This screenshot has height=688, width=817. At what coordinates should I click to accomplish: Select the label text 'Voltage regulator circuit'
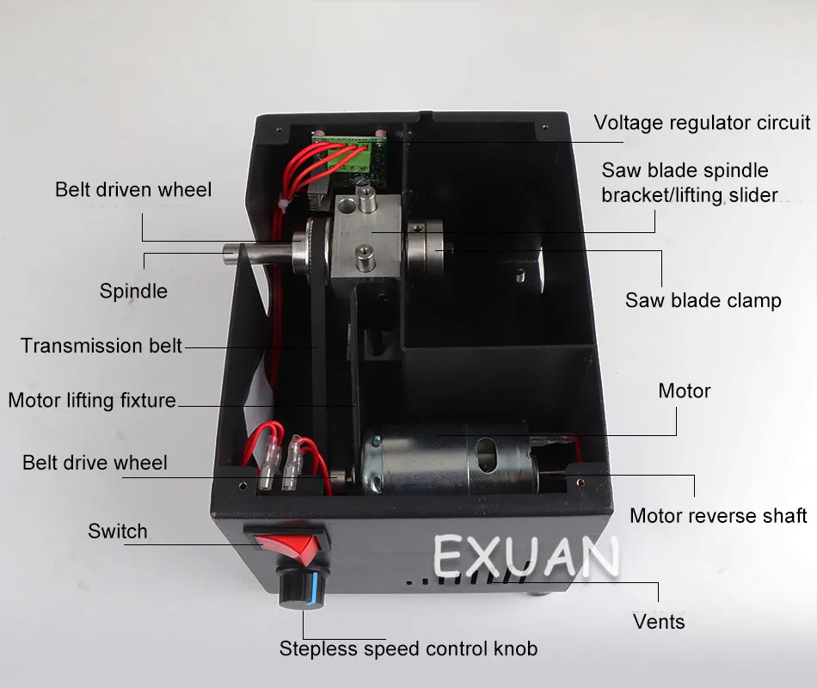tap(702, 122)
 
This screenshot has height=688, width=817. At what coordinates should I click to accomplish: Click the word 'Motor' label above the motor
tap(685, 391)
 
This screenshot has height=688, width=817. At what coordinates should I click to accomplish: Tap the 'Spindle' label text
tap(133, 291)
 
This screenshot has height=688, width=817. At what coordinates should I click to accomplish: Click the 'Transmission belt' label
tap(101, 346)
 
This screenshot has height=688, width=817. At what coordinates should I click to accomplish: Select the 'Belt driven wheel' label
tap(133, 189)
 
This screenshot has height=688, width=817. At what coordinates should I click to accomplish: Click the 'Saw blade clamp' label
tap(703, 300)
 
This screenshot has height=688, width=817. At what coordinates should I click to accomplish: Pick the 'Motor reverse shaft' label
tap(718, 515)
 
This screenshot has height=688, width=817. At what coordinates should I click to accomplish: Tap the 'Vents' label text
tap(660, 621)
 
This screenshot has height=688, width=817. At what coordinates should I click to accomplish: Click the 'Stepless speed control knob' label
tap(408, 648)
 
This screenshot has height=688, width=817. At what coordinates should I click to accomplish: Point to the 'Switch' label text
tap(118, 531)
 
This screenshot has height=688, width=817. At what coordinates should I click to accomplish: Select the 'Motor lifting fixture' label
tap(92, 400)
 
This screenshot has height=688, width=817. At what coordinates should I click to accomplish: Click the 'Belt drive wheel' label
tap(95, 463)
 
